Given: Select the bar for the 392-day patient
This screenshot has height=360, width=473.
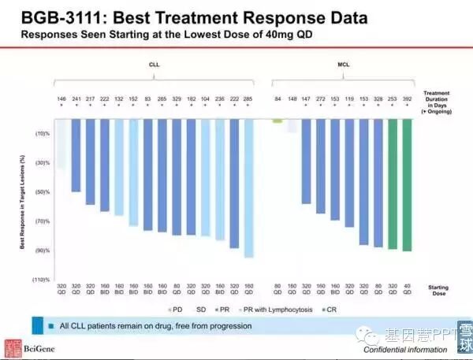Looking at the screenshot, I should click(x=407, y=184).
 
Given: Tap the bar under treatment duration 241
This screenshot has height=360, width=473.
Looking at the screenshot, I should click(x=76, y=154).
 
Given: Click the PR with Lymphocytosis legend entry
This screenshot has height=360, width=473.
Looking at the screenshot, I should click(x=270, y=310).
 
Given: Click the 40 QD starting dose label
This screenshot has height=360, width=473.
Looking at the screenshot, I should click(x=407, y=289).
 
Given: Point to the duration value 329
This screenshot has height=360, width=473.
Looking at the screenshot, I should click(x=176, y=99).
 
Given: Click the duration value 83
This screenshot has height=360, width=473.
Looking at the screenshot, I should click(x=147, y=99).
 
